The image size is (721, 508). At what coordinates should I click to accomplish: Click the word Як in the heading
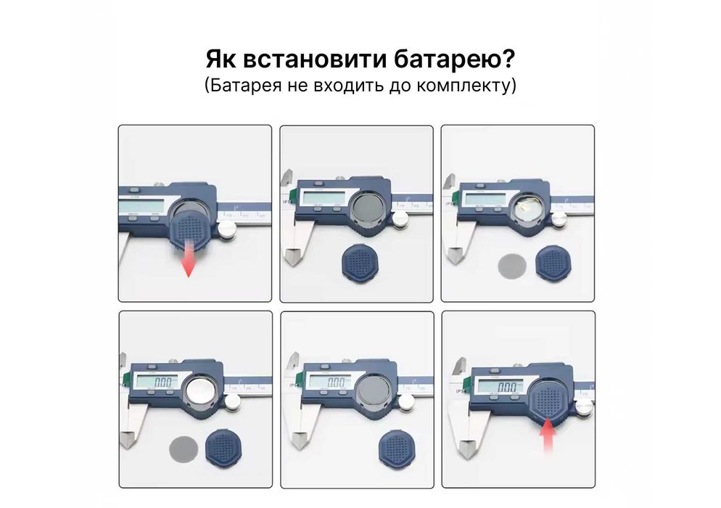(x=221, y=60)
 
